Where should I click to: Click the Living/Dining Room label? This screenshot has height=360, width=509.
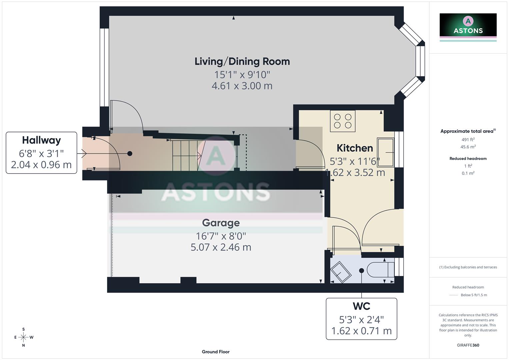[x=242, y=61]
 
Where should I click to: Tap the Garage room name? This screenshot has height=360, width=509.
[x=221, y=223]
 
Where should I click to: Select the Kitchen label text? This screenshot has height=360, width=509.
[x=354, y=148]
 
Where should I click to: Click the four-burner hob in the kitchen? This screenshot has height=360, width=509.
[x=343, y=121]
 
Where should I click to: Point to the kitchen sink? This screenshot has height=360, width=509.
[x=386, y=152]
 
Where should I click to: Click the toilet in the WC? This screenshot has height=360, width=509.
[x=380, y=269]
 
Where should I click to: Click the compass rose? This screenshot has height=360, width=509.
[x=23, y=337]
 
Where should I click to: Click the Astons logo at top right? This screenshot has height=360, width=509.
[x=468, y=25]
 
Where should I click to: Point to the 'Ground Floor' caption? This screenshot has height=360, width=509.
[x=215, y=352]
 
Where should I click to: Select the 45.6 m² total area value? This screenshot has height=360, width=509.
[x=468, y=147]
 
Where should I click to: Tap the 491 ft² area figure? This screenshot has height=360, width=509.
[x=468, y=140]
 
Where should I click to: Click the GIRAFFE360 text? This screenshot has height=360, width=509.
[x=468, y=345]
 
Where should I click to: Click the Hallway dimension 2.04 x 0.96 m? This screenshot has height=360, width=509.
[x=41, y=165]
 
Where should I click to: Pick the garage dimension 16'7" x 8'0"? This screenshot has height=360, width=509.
[x=221, y=236]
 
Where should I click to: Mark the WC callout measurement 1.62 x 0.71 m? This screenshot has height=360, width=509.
[x=361, y=331]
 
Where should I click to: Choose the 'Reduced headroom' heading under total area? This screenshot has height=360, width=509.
[x=468, y=158]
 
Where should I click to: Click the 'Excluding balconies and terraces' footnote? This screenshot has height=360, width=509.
[x=468, y=267]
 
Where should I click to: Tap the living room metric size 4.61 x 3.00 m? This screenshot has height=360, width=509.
[x=242, y=86]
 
